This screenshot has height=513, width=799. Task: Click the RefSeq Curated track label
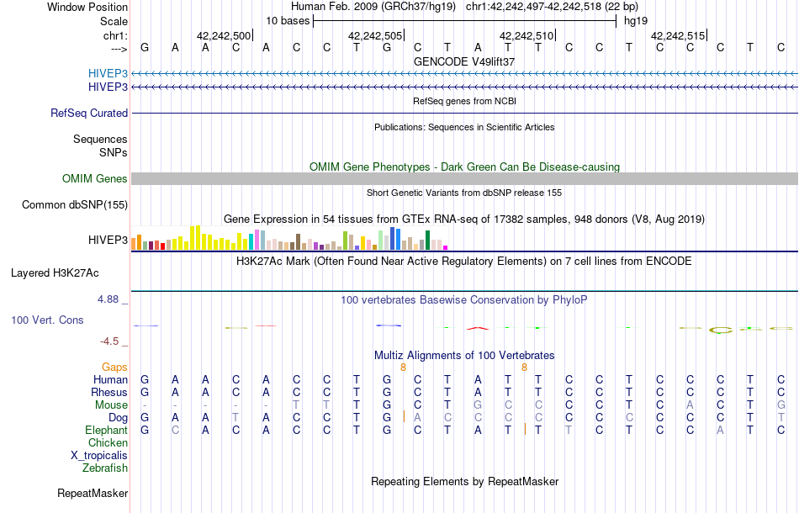pos(89,113)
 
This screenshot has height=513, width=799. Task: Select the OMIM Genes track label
pos(95,178)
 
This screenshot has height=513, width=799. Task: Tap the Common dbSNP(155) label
pos(75,204)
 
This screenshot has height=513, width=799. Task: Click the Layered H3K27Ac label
pos(55,272)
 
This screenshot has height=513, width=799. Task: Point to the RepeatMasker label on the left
pos(93,493)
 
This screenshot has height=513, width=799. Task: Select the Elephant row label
pos(106,430)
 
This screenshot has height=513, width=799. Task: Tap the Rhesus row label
pos(109,392)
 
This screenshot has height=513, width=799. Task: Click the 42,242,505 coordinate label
pos(374,36)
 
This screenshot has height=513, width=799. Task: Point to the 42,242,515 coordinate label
pos(677,36)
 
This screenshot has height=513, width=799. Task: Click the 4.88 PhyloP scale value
pos(114,299)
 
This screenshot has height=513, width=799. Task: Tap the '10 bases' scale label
pos(288,19)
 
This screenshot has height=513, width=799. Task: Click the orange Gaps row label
pos(114,367)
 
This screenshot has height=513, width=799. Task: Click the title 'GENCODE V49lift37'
pos(464,61)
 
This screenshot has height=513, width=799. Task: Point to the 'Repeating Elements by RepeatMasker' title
pos(464,481)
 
